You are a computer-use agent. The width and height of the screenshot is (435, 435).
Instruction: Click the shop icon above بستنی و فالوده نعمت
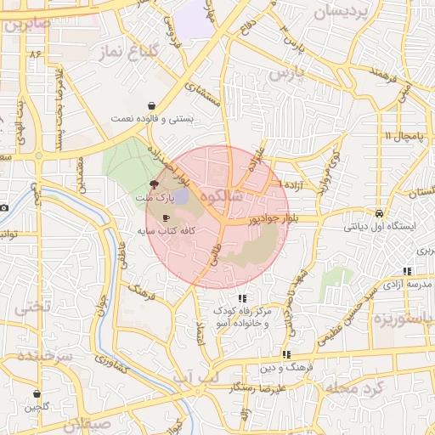pyautogui.click(x=151, y=106)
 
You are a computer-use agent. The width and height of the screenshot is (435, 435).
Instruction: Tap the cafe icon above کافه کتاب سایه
pyautogui.click(x=165, y=218)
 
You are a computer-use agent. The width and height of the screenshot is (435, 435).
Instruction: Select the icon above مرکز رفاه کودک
pyautogui.click(x=242, y=298)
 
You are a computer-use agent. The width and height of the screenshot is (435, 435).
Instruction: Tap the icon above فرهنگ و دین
pyautogui.click(x=287, y=354)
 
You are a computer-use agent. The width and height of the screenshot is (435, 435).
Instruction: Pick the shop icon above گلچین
pyautogui.click(x=37, y=394)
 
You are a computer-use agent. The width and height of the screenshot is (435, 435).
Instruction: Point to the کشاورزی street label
pyautogui.click(x=113, y=363)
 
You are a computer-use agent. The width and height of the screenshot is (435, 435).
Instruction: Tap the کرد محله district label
pyautogui.click(x=356, y=387)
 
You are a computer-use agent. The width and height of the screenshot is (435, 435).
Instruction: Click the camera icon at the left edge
pyautogui.click(x=3, y=207)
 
